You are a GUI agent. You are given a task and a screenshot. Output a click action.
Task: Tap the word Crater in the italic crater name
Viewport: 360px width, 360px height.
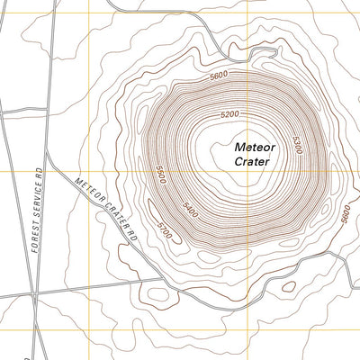point(252,162)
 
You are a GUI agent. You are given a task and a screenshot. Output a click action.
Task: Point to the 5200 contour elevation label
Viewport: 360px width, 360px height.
point(229,114)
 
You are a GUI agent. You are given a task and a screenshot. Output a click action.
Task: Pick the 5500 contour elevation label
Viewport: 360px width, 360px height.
point(159,175)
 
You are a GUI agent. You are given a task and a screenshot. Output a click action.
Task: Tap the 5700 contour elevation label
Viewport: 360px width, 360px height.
point(164,228)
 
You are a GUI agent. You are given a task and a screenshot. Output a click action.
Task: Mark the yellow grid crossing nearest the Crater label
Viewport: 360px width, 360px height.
point(248,171)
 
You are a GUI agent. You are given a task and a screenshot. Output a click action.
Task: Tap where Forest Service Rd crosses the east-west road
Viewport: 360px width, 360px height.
point(32,294)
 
